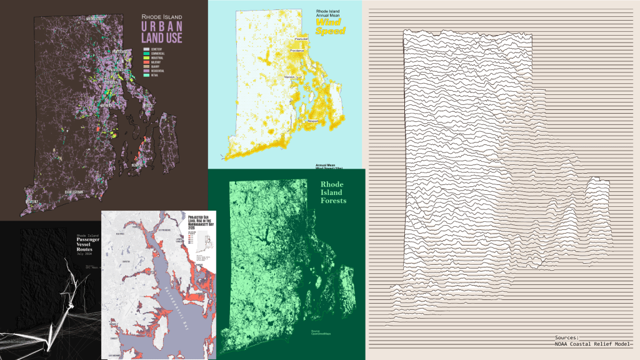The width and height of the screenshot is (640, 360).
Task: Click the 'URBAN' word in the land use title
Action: tap(161, 27)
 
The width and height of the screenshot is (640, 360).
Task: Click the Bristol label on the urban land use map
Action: tap(147, 106)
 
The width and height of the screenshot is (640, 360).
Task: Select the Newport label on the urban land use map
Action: tap(139, 164)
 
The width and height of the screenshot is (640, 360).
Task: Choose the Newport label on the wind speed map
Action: tap(314, 121)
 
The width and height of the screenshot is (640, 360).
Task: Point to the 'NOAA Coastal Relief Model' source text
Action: tap(592, 343)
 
